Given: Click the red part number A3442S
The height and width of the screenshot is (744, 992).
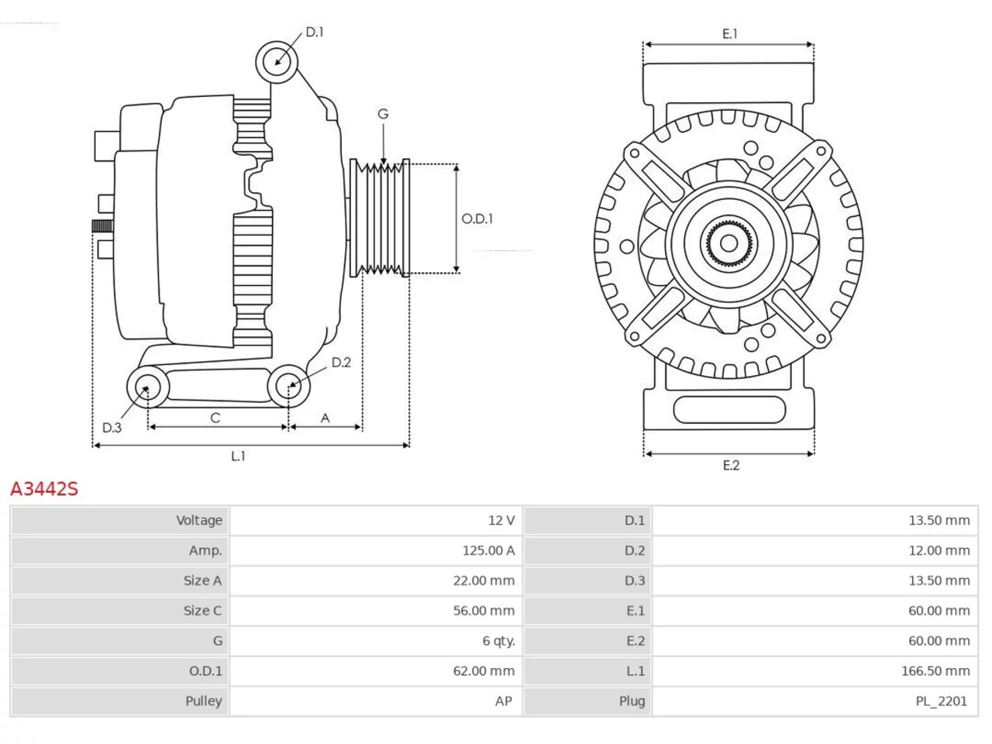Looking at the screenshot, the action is [x=44, y=489].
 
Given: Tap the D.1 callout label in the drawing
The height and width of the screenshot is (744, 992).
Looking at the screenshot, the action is [x=315, y=32].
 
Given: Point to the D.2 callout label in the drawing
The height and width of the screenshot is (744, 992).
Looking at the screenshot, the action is [x=341, y=362].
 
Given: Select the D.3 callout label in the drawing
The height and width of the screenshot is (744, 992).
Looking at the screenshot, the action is [x=112, y=427].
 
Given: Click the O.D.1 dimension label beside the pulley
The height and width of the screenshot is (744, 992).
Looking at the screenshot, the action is [x=477, y=219].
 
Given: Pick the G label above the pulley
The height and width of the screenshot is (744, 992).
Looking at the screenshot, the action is [x=383, y=114].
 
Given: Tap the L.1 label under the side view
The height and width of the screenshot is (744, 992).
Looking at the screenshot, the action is [x=238, y=456].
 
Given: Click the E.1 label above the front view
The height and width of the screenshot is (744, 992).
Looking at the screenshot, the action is [x=730, y=34].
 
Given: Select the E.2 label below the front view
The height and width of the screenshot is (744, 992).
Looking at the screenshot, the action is [x=731, y=465].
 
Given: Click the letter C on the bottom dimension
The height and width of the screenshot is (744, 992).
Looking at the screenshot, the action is [x=215, y=418].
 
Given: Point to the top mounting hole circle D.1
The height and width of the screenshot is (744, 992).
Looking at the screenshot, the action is [x=277, y=62].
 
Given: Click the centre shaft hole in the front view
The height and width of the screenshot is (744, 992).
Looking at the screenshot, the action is [x=728, y=243].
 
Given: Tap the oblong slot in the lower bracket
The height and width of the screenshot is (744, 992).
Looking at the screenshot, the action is [x=729, y=410].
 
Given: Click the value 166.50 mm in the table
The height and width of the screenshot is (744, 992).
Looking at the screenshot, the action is [x=935, y=671].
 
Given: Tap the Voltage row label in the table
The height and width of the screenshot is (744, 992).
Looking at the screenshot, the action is [x=199, y=520].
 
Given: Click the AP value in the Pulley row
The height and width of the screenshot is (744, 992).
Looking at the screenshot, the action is [x=505, y=701].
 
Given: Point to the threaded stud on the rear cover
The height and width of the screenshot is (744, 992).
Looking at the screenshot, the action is [x=102, y=226].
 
